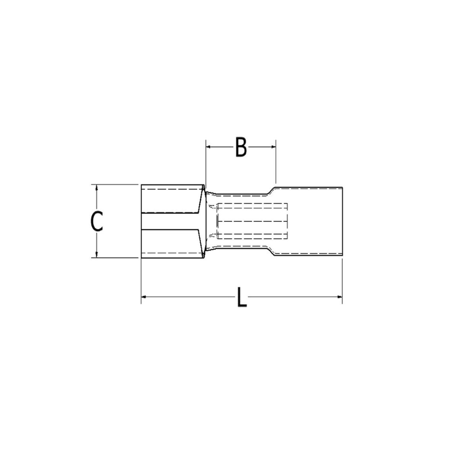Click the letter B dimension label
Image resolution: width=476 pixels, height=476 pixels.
click(241, 147)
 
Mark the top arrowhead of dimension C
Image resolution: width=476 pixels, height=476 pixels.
click(96, 187)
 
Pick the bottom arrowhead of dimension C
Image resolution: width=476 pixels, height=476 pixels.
click(96, 255)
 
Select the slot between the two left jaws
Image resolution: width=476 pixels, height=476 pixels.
click(171, 221)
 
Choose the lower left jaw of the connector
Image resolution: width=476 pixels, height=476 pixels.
click(171, 243)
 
